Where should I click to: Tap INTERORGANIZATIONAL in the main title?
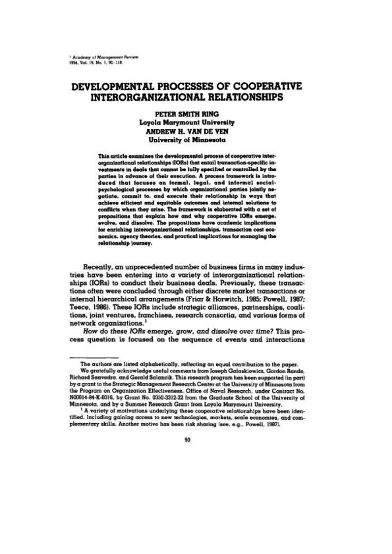coord(162,99)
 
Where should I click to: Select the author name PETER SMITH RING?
coord(196,114)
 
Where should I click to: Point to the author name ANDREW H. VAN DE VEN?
coord(196,130)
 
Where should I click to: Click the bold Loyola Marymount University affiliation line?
coord(196,122)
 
